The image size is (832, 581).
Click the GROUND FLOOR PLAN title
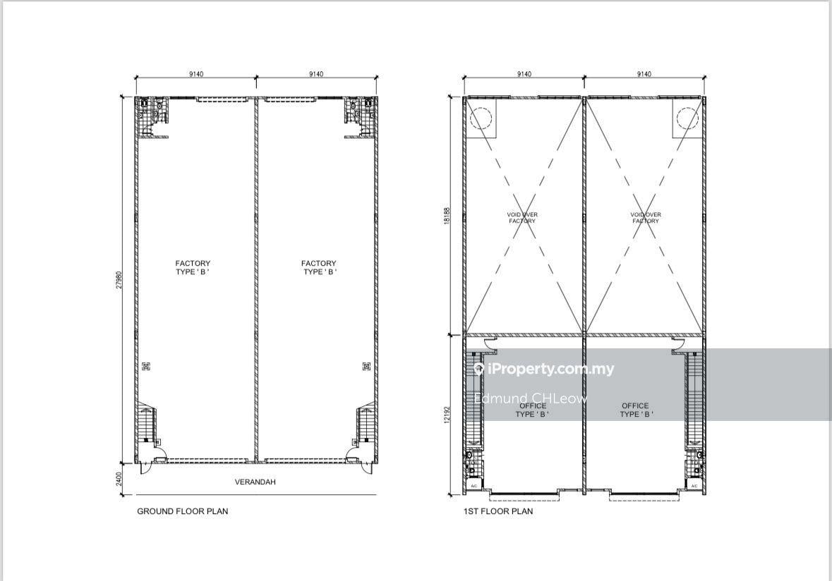pos(183,511)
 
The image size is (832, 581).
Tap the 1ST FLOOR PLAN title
pos(498,511)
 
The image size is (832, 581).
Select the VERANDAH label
pos(255,482)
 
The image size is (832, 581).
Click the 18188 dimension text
pos(447,216)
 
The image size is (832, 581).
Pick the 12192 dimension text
pos(447,415)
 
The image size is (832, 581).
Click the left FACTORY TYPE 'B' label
pos(193,267)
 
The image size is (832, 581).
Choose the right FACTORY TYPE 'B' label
pos(319,267)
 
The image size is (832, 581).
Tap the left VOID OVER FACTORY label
pos(522,217)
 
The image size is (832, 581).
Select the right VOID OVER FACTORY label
pos(646,217)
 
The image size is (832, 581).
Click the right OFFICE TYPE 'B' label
pos(636,410)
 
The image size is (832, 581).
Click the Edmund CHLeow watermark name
pos(531,398)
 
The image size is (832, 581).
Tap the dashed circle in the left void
pos(481,118)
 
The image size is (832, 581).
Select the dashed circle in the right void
pos(687,118)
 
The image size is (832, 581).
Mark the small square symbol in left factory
pos(146,366)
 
